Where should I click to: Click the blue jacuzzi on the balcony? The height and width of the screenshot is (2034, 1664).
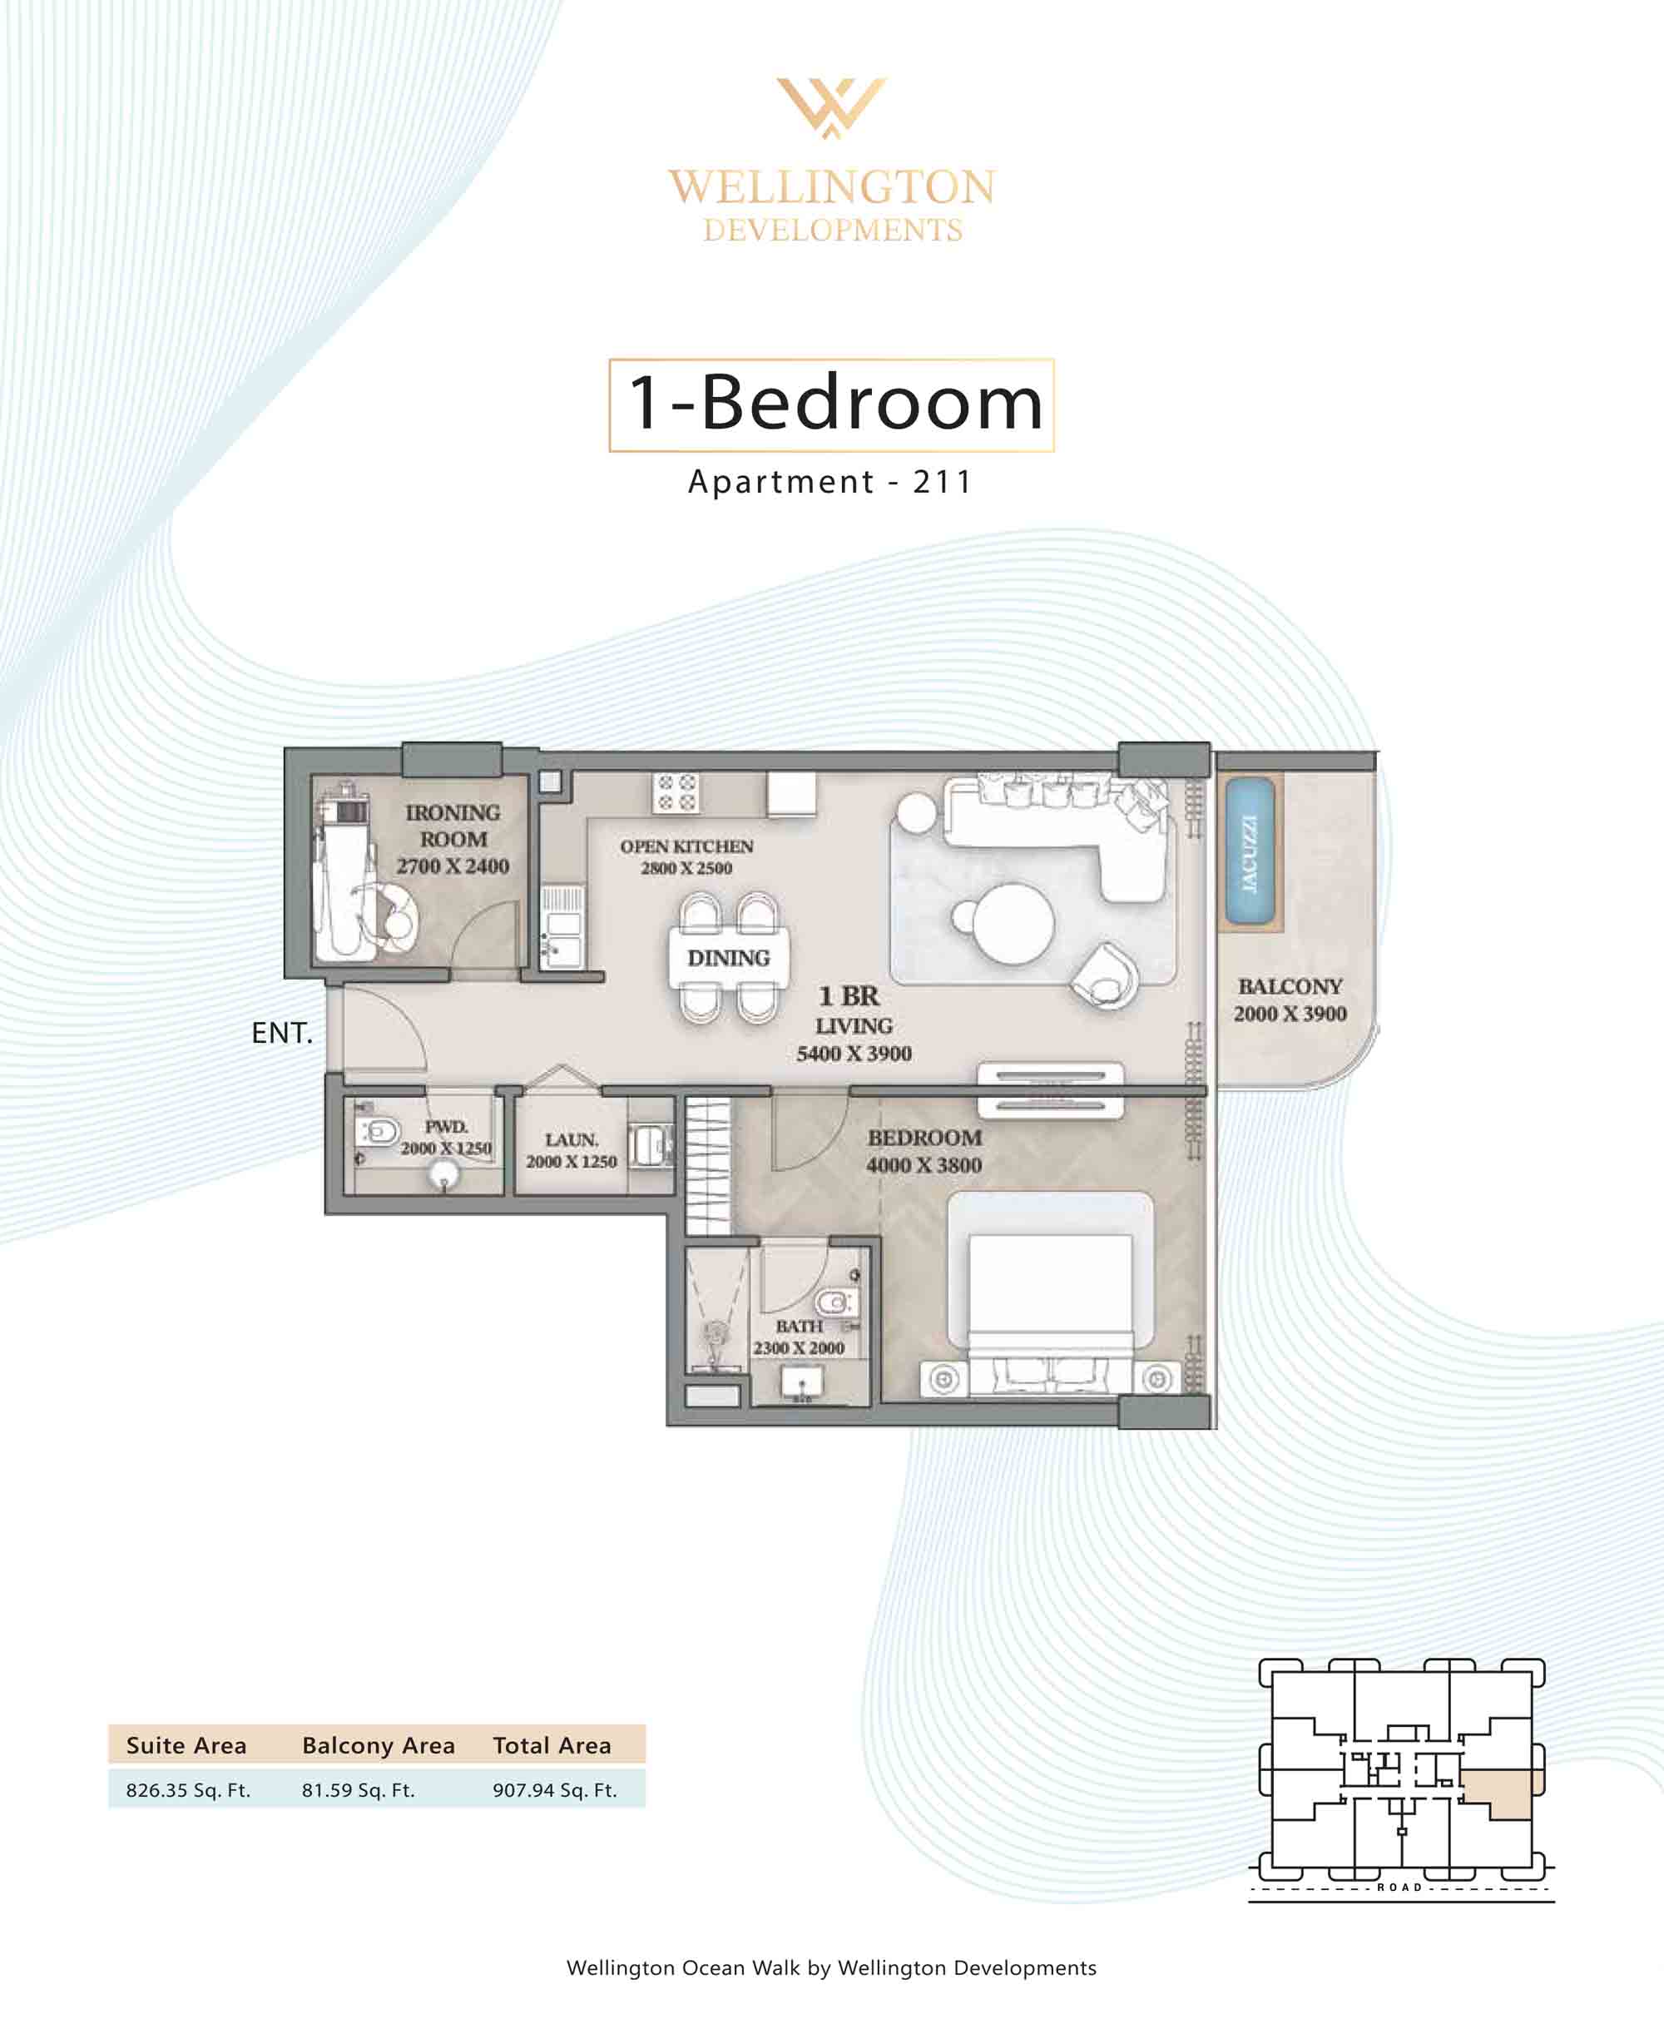point(1250,852)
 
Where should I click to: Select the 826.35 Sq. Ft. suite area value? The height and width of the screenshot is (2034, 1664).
point(188,1789)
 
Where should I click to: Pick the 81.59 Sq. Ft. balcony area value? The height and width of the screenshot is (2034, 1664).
point(359,1789)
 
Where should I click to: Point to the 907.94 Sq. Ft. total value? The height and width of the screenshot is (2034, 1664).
point(555,1789)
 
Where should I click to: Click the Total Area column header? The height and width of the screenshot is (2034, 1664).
point(552,1745)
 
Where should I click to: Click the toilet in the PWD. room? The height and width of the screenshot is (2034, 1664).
point(379,1132)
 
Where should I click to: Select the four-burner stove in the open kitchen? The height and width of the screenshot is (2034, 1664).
point(676,791)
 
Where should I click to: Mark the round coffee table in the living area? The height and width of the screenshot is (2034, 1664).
point(1013,923)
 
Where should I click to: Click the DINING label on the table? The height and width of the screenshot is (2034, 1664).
point(729,958)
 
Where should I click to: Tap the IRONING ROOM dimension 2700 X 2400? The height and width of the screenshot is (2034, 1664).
point(453,866)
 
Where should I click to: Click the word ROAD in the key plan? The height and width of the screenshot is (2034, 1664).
point(1399,1888)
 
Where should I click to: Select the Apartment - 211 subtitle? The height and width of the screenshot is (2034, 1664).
point(830,481)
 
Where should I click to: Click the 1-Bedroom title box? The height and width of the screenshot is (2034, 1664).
point(832,404)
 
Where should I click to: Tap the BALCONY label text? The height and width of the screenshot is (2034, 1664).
point(1290,986)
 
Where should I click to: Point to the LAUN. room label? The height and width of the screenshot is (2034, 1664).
point(572,1139)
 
